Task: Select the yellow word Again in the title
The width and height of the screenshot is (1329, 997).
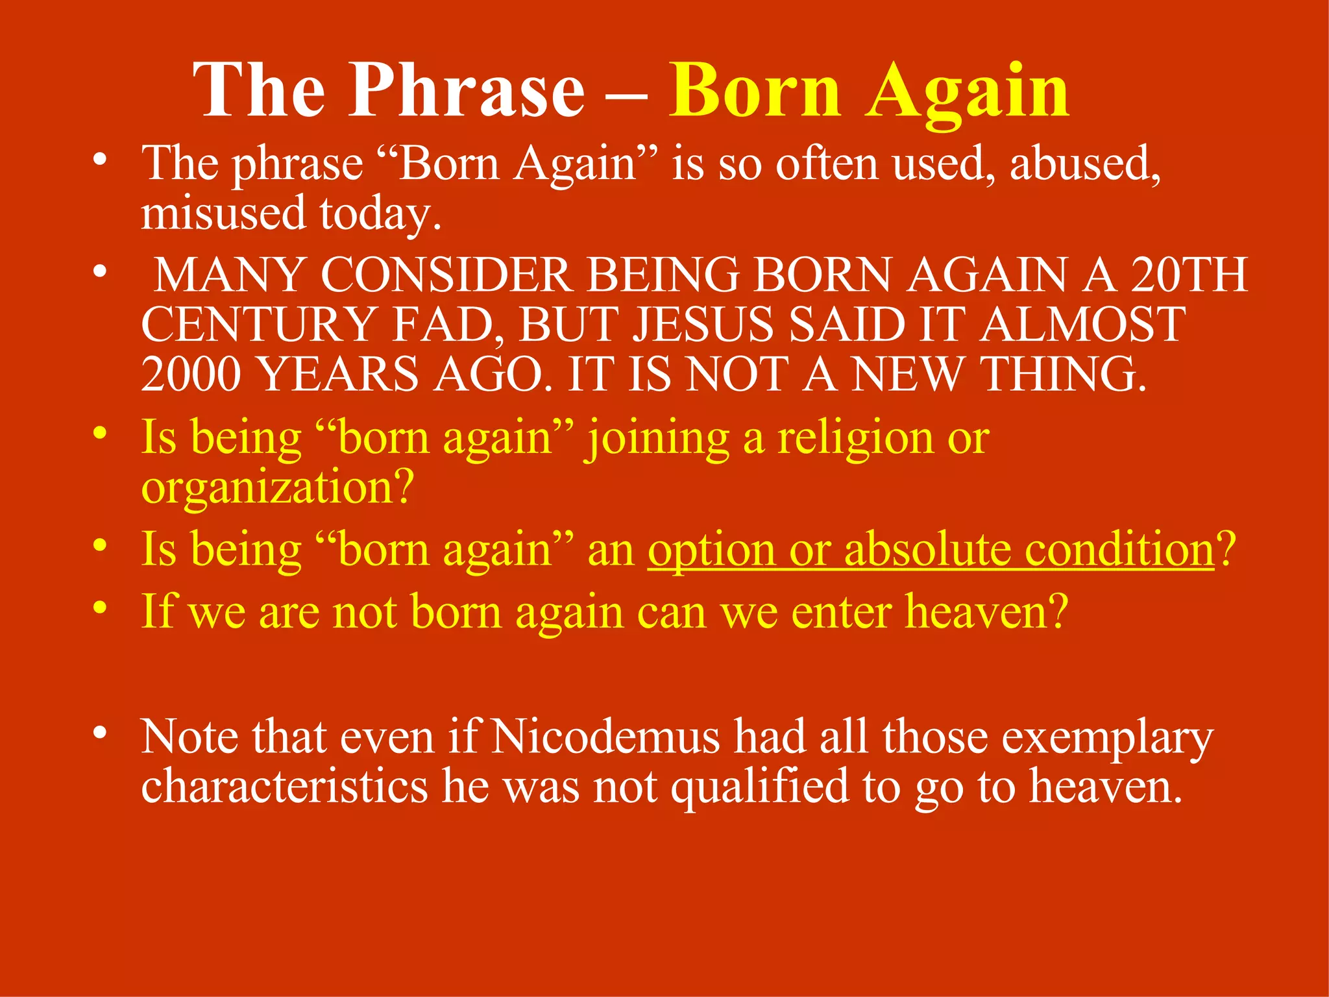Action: pos(968,92)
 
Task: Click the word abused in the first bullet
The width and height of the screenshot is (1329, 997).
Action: pos(1084,164)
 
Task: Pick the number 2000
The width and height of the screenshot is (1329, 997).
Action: pos(191,375)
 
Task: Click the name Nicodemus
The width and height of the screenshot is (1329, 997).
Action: pos(605,737)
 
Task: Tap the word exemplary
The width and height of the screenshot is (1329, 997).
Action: pos(1107,739)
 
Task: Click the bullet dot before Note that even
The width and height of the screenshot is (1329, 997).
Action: pos(99,732)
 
